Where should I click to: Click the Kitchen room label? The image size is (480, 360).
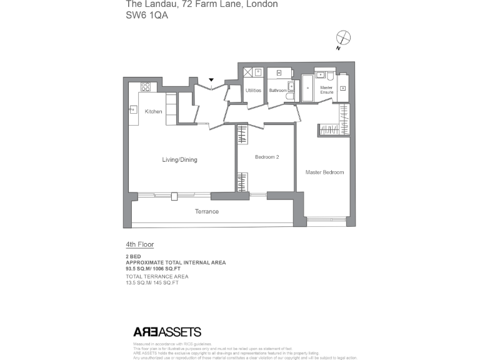click(x=153, y=112)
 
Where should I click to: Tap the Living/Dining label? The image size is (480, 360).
click(x=179, y=160)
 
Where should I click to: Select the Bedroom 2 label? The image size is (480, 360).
click(x=267, y=157)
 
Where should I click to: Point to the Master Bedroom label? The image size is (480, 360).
click(x=324, y=172)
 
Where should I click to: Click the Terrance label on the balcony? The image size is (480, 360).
click(x=206, y=212)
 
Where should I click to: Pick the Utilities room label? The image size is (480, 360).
click(x=253, y=91)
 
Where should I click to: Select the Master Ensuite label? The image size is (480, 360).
click(x=326, y=90)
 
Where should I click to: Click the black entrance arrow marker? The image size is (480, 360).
click(x=212, y=80)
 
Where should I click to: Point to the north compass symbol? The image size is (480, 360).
click(x=342, y=37)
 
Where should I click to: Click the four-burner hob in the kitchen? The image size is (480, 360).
click(x=145, y=87)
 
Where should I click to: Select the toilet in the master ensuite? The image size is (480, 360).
click(x=330, y=77)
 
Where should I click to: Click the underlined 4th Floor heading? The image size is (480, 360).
click(x=140, y=245)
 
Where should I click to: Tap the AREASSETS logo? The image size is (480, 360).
click(x=167, y=332)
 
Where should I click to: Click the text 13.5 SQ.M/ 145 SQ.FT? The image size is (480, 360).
click(x=152, y=283)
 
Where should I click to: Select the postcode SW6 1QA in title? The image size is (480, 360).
click(x=147, y=16)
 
